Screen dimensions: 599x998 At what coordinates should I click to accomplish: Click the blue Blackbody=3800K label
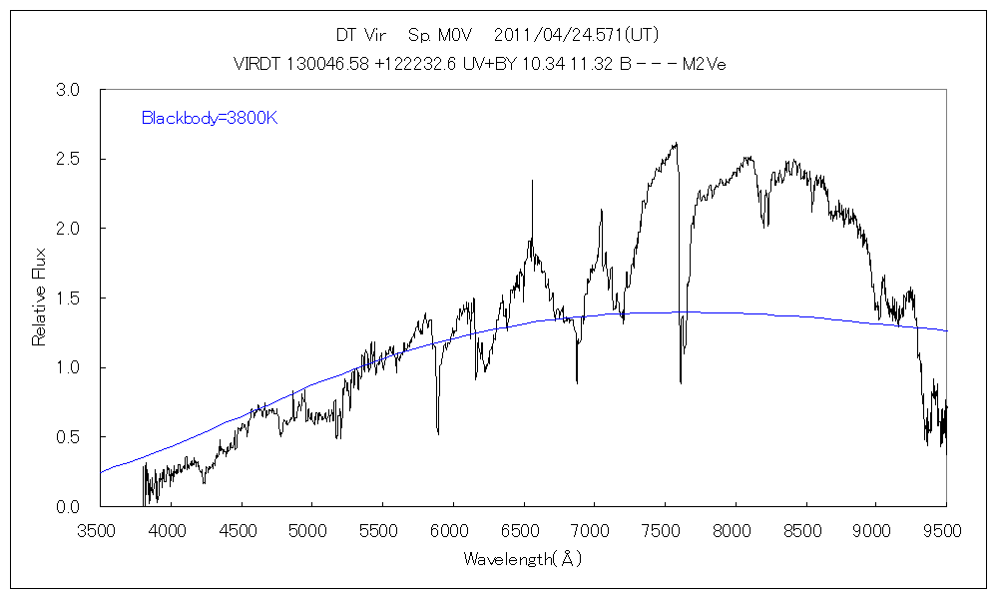tap(209, 119)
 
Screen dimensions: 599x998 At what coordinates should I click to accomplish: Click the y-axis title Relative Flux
tap(39, 299)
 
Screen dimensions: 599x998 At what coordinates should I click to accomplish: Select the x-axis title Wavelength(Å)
tap(521, 560)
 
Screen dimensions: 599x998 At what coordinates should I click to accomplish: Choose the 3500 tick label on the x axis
tap(100, 529)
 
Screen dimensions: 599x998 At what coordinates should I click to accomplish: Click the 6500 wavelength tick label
tap(525, 529)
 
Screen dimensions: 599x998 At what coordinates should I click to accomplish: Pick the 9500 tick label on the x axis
tap(948, 529)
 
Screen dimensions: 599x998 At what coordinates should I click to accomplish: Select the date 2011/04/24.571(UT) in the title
tap(576, 35)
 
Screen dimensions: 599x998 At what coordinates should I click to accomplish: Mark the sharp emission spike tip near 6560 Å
tap(532, 181)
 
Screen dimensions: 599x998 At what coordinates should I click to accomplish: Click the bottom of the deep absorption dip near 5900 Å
tap(438, 432)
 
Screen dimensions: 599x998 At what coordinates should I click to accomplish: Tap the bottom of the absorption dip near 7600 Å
tap(681, 381)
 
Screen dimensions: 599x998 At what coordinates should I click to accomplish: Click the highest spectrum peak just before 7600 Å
tap(677, 143)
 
